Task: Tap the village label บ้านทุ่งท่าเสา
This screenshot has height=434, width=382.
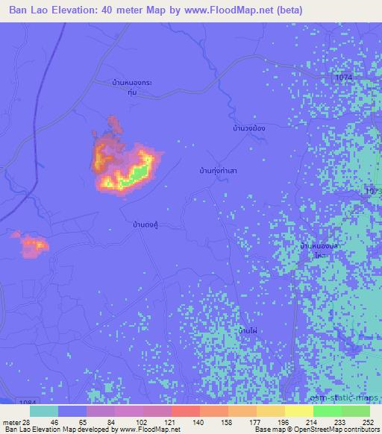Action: coord(213,171)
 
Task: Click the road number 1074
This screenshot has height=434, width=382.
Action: coord(343,77)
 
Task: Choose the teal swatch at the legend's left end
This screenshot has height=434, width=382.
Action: coord(44,411)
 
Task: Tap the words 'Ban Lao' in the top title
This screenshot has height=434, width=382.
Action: coord(31,10)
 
